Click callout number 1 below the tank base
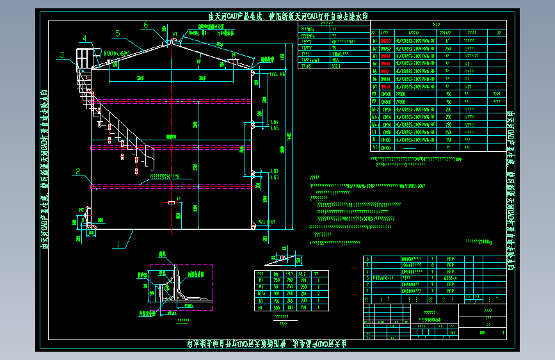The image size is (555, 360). (x=117, y=243)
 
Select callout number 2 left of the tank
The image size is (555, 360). (x=77, y=171)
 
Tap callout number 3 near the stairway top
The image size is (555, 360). (x=62, y=55)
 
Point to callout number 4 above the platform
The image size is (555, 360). (x=84, y=38)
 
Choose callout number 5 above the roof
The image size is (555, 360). (x=118, y=33)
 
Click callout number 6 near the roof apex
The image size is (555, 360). (x=146, y=25)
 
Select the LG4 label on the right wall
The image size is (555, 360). (x=273, y=121)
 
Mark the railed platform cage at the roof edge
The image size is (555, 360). (x=85, y=58)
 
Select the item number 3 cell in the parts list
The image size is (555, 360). (x=367, y=279)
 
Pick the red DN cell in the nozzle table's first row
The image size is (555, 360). (x=386, y=40)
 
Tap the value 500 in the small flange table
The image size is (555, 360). (x=277, y=307)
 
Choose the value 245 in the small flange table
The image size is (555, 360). (x=291, y=300)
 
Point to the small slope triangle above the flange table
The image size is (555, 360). (x=286, y=259)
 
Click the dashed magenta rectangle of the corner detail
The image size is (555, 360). (x=181, y=286)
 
